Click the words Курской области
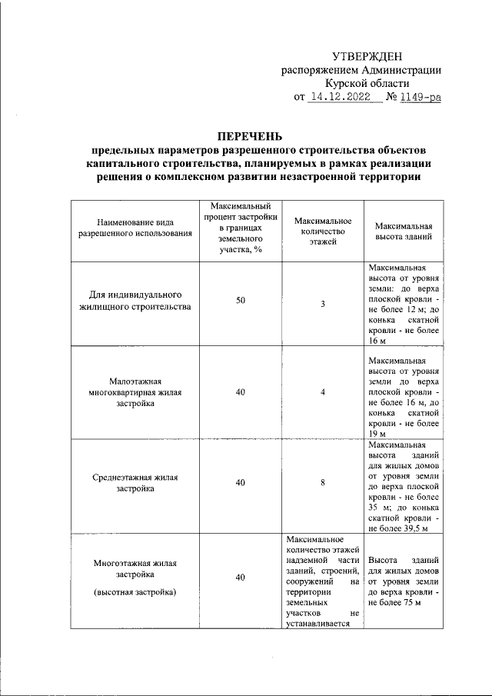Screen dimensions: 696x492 tap(367, 84)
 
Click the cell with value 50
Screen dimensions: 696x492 tap(241, 301)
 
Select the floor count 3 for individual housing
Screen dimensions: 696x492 tap(323, 305)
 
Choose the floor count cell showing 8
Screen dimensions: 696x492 tap(323, 482)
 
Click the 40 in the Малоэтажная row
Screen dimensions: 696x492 tap(241, 392)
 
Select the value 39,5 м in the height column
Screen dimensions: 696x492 tap(416, 528)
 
